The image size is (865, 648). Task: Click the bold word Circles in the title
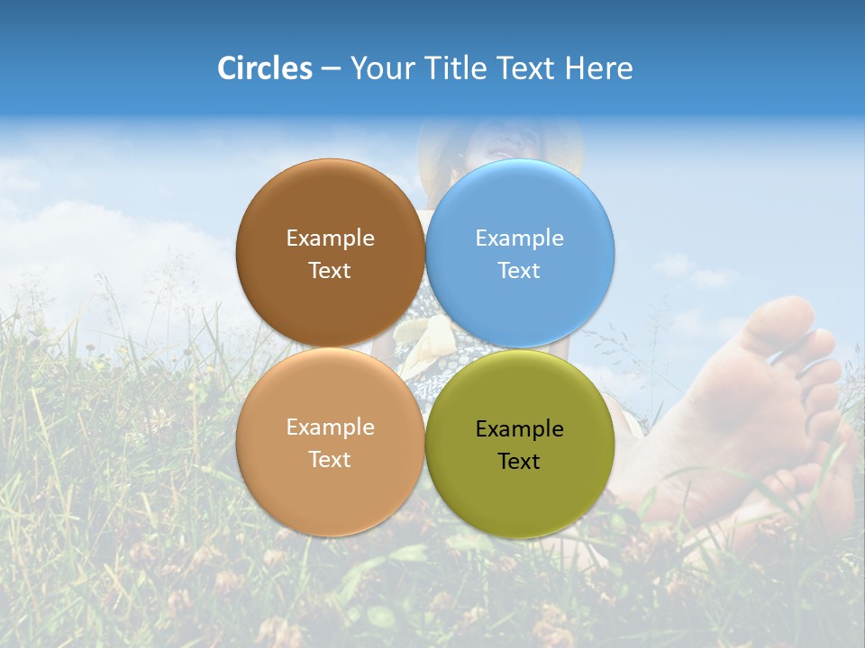[264, 68]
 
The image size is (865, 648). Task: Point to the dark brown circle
[330, 202]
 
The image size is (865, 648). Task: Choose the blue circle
[520, 202]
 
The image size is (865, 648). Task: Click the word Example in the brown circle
[330, 238]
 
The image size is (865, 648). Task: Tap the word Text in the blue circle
[519, 271]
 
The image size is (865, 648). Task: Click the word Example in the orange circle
[330, 427]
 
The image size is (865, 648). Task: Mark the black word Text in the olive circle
[519, 462]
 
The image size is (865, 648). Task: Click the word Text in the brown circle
[330, 271]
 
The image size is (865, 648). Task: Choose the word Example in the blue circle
[519, 238]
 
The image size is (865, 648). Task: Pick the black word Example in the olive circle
[519, 429]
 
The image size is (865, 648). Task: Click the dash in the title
[330, 69]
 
